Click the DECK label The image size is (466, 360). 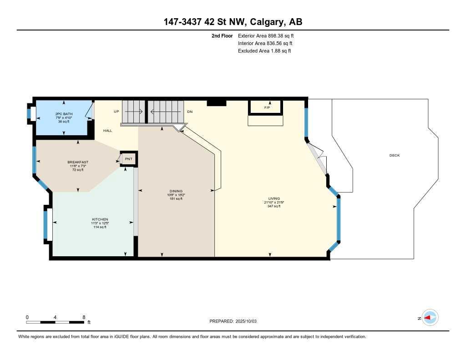pyautogui.click(x=394, y=156)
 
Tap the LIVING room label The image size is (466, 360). pyautogui.click(x=274, y=198)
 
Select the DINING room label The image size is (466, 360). pyautogui.click(x=176, y=191)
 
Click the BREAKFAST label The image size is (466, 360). pyautogui.click(x=77, y=162)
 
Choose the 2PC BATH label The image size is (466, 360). pyautogui.click(x=64, y=114)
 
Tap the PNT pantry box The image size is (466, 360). pyautogui.click(x=128, y=159)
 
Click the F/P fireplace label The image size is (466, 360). pyautogui.click(x=267, y=108)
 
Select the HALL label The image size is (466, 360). pyautogui.click(x=108, y=131)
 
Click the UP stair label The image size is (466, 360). pyautogui.click(x=116, y=111)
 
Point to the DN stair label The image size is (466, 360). pyautogui.click(x=190, y=111)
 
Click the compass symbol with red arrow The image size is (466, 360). pyautogui.click(x=430, y=318)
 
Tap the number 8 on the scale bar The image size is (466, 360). pyautogui.click(x=84, y=317)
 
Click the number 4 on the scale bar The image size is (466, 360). pyautogui.click(x=55, y=317)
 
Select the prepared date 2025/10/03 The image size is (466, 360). pyautogui.click(x=249, y=321)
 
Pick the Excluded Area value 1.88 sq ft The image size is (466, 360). pyautogui.click(x=280, y=51)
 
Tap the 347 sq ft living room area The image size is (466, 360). pyautogui.click(x=274, y=206)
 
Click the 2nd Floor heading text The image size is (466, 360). pyautogui.click(x=222, y=35)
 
